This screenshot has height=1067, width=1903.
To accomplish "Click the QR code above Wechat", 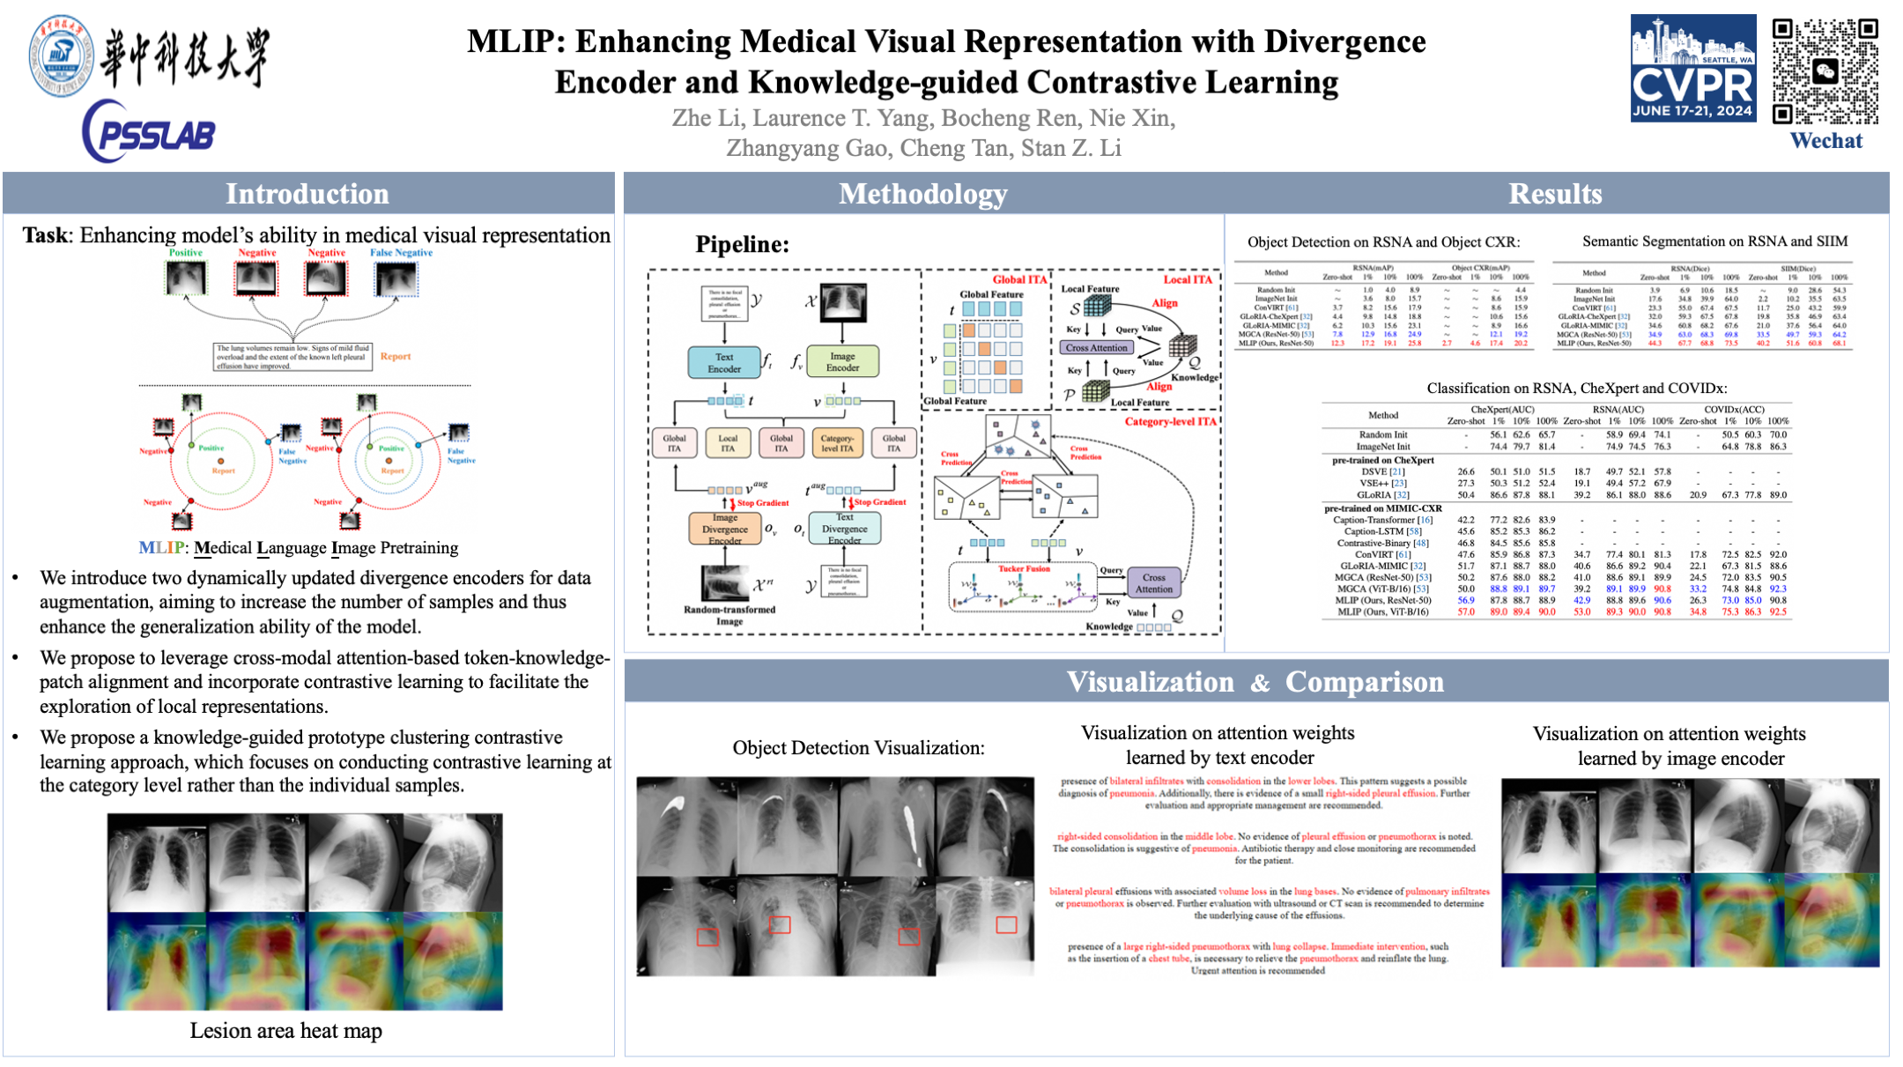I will point(1825,70).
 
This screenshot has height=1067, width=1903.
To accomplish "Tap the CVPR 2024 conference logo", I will point(1692,68).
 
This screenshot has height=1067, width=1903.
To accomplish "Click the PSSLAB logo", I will point(150,132).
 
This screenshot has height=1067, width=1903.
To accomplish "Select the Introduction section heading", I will point(307,194).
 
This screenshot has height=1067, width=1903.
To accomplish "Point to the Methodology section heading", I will point(922,194).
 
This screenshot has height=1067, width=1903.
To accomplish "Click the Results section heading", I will point(1555,194).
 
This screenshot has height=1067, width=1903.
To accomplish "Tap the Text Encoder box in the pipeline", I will point(724,363).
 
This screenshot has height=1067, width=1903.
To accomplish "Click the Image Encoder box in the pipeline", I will point(842,362).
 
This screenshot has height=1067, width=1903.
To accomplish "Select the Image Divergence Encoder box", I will point(724,529).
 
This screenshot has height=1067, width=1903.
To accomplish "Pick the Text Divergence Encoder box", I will point(844,529).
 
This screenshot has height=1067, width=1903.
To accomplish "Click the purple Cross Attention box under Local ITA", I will point(1096,348).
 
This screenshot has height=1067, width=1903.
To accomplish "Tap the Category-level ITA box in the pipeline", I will point(837,443).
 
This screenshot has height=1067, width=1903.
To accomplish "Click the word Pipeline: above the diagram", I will point(742,244).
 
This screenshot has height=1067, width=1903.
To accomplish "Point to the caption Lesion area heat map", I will point(286,1030).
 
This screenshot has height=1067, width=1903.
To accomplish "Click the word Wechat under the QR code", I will point(1826,141).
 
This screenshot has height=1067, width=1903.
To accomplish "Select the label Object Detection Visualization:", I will point(858,748).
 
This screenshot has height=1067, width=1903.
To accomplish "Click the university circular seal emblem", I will point(60,55).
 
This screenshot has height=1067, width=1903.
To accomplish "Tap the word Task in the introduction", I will point(45,235).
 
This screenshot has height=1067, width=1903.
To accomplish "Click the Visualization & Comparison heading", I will point(1255,682).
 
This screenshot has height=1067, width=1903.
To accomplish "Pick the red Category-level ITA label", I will point(1170,422).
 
